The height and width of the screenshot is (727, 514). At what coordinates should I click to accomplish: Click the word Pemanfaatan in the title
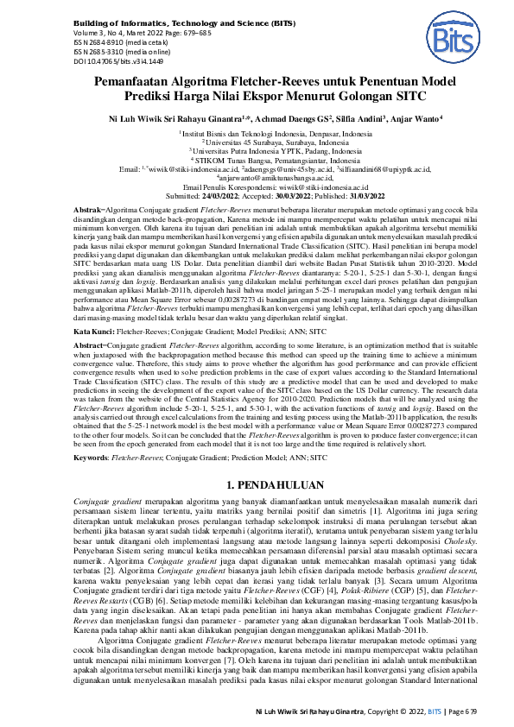click(143, 81)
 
